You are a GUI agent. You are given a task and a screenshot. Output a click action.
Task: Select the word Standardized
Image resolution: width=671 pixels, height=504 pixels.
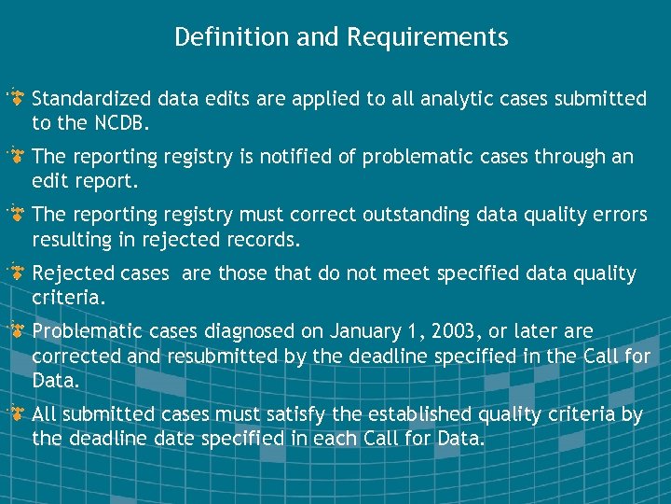[92, 98]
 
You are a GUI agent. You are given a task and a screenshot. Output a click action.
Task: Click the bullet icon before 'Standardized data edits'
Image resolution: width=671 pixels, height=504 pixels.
[16, 98]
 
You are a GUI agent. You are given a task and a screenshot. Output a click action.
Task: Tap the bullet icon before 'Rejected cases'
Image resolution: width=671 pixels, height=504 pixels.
[16, 273]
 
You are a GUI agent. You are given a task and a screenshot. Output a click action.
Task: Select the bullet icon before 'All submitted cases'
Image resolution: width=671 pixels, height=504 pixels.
[16, 413]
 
